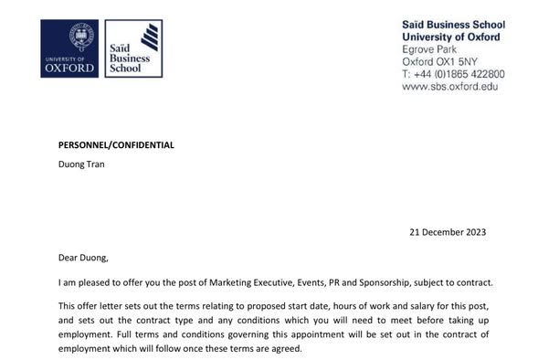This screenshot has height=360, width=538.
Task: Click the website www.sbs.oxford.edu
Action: point(449,87)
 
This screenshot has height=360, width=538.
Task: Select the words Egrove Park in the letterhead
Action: point(433,48)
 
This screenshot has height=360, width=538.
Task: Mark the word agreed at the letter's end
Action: point(280,348)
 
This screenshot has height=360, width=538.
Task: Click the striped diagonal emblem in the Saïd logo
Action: point(148,39)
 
